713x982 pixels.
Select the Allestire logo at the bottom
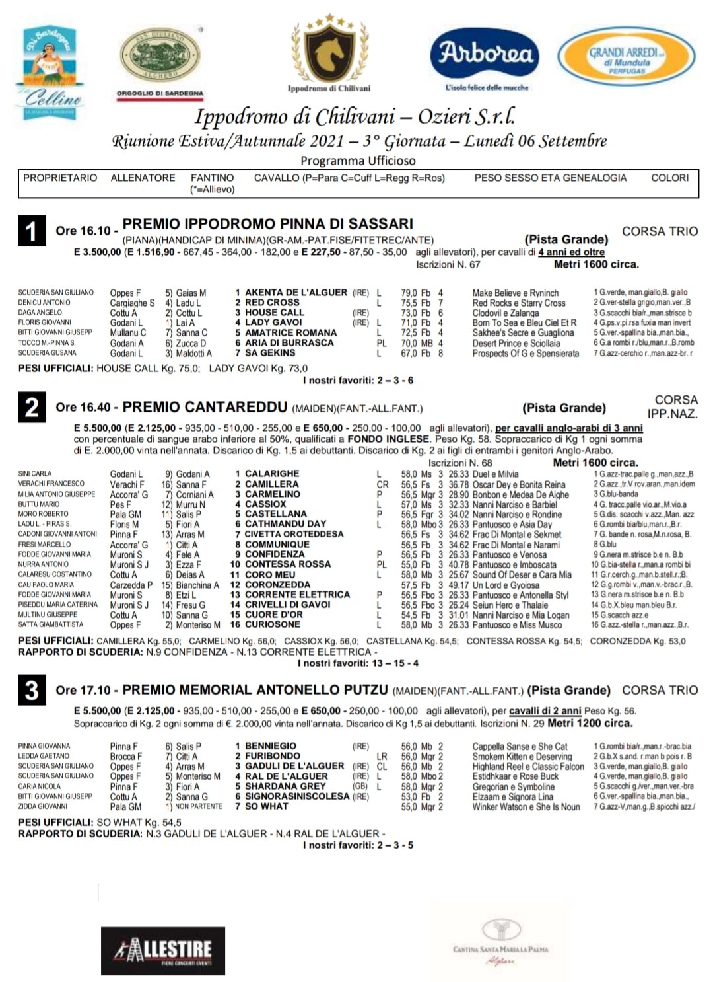pyautogui.click(x=163, y=950)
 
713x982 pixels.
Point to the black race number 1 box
pyautogui.click(x=32, y=231)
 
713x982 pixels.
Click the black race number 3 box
pyautogui.click(x=32, y=691)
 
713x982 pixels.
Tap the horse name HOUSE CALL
pyautogui.click(x=274, y=313)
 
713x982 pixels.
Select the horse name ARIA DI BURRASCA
pyautogui.click(x=289, y=343)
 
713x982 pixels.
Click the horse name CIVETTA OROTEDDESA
pyautogui.click(x=294, y=534)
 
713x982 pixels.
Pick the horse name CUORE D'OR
pyautogui.click(x=273, y=615)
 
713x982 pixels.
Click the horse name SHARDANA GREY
pyautogui.click(x=285, y=786)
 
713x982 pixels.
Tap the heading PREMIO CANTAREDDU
pyautogui.click(x=205, y=407)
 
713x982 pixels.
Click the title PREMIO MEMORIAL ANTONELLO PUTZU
pyautogui.click(x=255, y=690)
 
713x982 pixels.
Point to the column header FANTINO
pyautogui.click(x=212, y=178)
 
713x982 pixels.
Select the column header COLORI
pyautogui.click(x=669, y=178)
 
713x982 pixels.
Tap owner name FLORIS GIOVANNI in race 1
pyautogui.click(x=44, y=322)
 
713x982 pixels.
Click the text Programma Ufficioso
pyautogui.click(x=358, y=161)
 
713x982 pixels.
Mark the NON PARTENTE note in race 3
pyautogui.click(x=198, y=807)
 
